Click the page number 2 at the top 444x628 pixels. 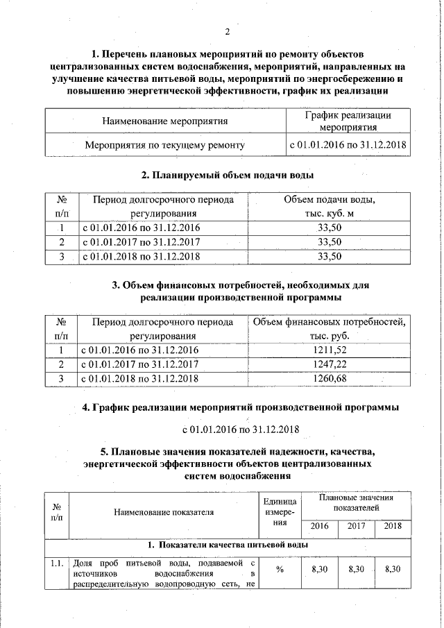227,31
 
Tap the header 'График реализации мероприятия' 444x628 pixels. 348,121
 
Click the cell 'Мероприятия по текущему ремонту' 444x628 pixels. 164,146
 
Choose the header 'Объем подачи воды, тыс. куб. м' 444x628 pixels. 330,207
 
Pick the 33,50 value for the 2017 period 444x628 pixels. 330,241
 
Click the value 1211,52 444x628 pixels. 330,350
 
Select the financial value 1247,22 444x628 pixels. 330,364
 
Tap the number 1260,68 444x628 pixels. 330,378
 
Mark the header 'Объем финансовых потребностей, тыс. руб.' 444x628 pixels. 330,329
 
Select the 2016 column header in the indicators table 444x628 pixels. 319,525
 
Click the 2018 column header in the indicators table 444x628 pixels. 393,525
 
